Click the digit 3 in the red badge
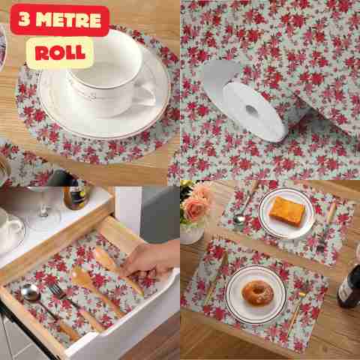click(24, 19)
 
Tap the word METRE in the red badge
click(68, 19)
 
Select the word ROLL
click(60, 52)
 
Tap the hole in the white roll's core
click(250, 109)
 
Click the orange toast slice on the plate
click(286, 211)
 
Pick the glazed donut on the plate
click(257, 292)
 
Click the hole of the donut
click(256, 290)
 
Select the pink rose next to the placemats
click(196, 208)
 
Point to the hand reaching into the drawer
click(152, 260)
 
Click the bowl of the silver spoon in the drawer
click(30, 292)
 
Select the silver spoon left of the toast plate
click(244, 208)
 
